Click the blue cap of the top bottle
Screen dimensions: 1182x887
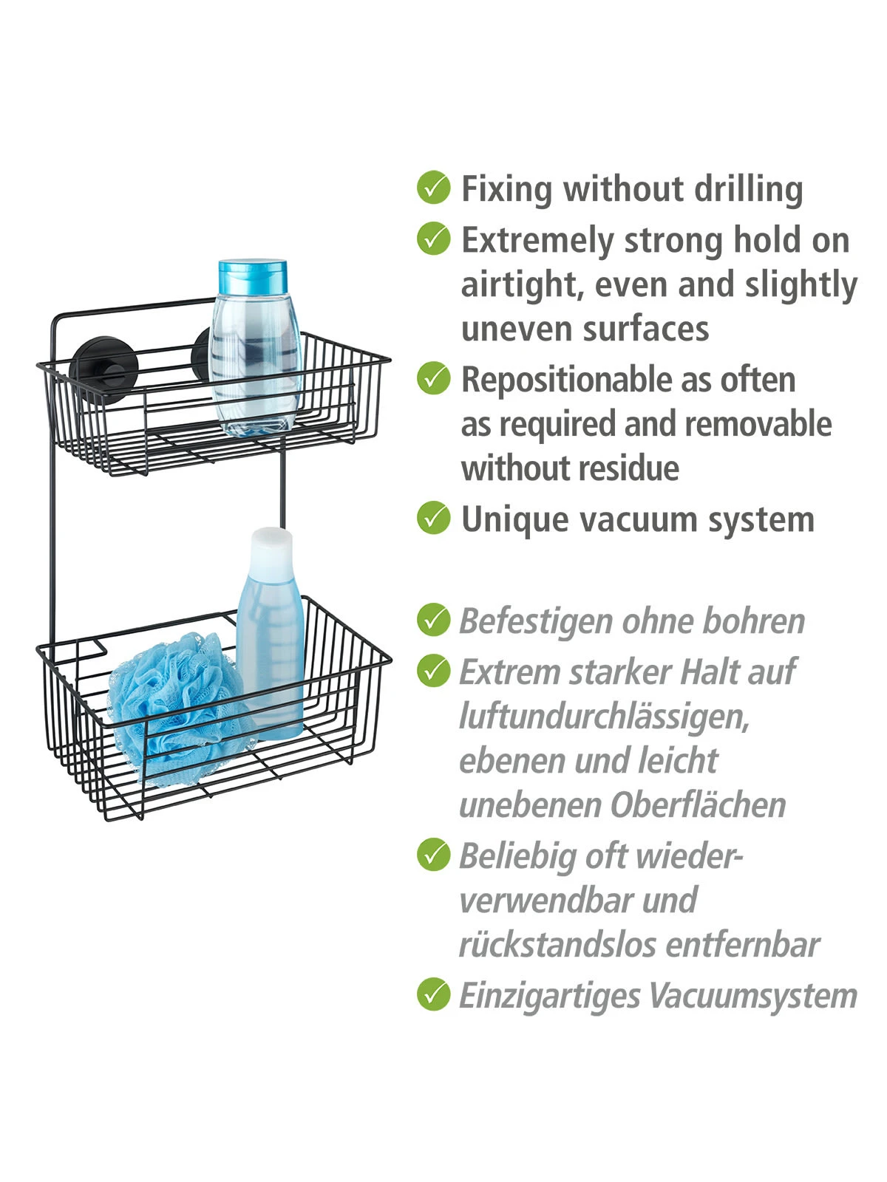click(252, 277)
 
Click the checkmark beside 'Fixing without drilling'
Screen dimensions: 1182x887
click(433, 188)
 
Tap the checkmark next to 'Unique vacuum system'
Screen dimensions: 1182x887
click(433, 518)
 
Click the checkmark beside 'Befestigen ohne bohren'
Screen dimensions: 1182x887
click(433, 620)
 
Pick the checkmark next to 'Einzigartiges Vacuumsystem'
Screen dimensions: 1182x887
click(433, 994)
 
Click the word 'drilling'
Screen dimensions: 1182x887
click(748, 189)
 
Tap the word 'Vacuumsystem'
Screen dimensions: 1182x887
click(752, 996)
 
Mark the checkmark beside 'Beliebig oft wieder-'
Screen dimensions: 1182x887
click(433, 855)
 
